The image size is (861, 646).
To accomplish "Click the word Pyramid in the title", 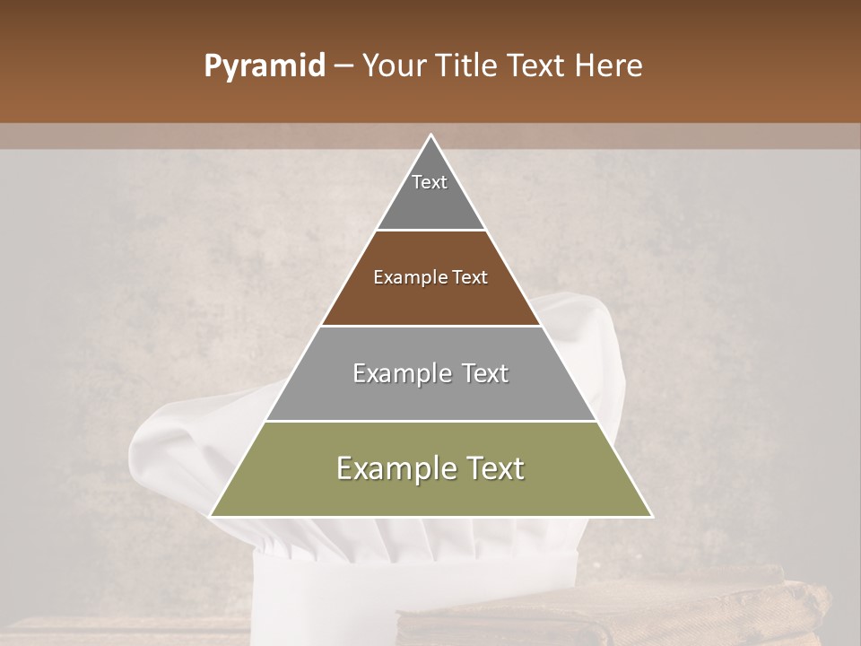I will point(264,66).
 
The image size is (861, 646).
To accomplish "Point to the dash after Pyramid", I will point(343,66).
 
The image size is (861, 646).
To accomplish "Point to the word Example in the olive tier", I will point(391,468).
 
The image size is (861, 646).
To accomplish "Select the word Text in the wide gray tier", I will point(482,373).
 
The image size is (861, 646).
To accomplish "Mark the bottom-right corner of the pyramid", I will point(651,516).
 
